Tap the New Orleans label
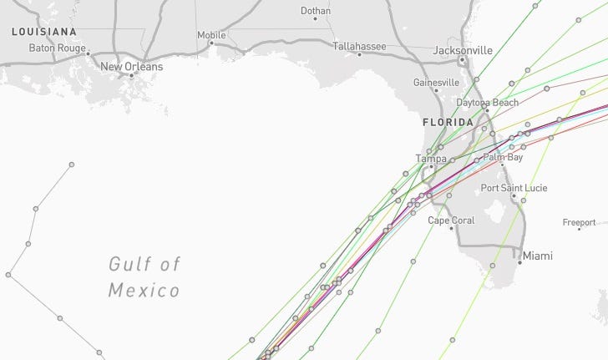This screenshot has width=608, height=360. (x=132, y=66)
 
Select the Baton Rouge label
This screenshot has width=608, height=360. (x=58, y=48)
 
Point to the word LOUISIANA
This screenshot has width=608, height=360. (x=44, y=32)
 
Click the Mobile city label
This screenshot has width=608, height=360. (x=211, y=35)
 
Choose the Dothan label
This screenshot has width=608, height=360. (x=315, y=11)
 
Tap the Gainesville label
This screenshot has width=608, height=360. (x=436, y=83)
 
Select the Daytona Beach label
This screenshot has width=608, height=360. (x=487, y=103)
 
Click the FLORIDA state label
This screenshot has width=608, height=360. (x=448, y=122)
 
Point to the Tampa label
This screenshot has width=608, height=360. (x=432, y=158)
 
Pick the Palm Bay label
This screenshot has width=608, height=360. (x=503, y=157)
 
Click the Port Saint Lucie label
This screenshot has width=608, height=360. (x=514, y=188)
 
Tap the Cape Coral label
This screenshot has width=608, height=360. (x=451, y=221)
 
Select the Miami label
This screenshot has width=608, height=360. (x=538, y=256)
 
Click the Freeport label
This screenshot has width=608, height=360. (x=579, y=223)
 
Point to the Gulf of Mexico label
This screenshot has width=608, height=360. (x=144, y=277)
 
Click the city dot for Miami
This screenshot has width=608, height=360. (x=519, y=262)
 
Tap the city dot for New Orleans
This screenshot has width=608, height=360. (x=132, y=75)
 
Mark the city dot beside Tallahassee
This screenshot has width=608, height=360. (x=359, y=54)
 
